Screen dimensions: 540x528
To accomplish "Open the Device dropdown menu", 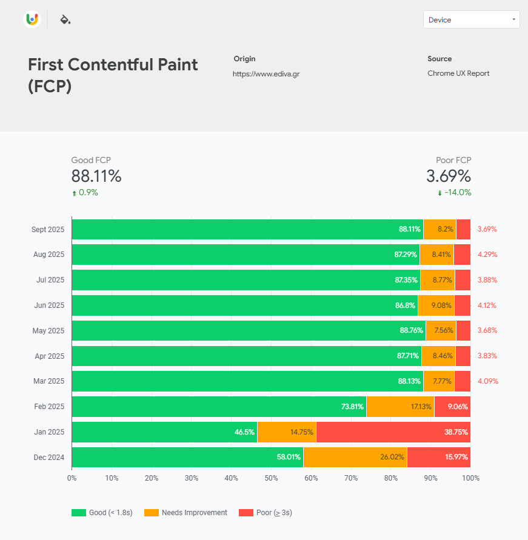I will (x=471, y=19).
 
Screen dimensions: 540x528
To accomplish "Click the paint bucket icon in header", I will (x=65, y=19).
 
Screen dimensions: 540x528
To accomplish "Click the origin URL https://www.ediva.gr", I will (x=266, y=74).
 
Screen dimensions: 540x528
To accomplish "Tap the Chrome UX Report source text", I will (x=458, y=73).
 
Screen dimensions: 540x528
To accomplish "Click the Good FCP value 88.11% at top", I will (x=96, y=176).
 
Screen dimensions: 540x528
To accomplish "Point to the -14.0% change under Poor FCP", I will (x=458, y=193).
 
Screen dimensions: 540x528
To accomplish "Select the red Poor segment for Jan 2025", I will (x=393, y=432).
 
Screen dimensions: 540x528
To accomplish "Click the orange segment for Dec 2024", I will (x=355, y=458).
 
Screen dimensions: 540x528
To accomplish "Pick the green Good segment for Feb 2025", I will (x=218, y=407).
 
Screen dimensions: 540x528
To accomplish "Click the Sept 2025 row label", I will (x=48, y=230).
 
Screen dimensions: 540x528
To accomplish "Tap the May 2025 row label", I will (x=48, y=331).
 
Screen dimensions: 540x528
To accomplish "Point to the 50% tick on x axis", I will (x=271, y=478).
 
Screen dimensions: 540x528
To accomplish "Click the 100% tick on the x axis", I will (x=470, y=478).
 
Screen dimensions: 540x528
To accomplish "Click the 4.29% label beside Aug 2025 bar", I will (x=487, y=255).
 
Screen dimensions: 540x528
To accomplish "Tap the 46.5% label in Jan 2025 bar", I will (x=244, y=432).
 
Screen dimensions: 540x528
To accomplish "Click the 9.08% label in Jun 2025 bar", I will (x=441, y=305).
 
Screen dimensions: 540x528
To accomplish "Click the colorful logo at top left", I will (x=32, y=19).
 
